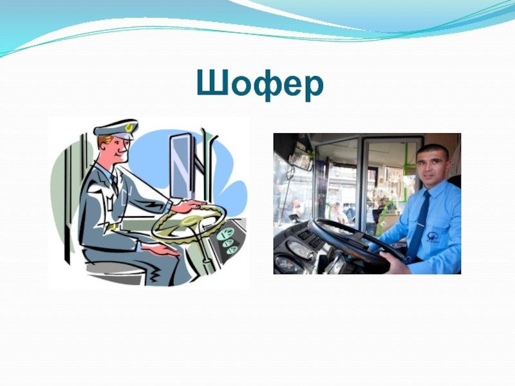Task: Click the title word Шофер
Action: (260, 85)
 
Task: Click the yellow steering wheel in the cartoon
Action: (189, 222)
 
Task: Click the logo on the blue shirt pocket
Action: (433, 235)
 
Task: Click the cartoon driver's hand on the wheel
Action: (189, 206)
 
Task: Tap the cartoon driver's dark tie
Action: (115, 184)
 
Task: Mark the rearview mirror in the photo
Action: (301, 161)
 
